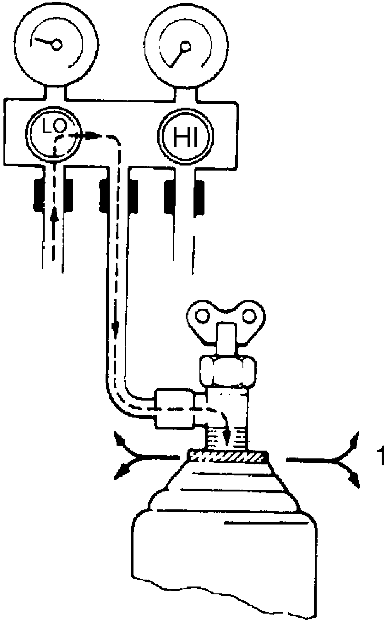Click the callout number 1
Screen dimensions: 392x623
pos(381,457)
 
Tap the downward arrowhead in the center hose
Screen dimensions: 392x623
pos(116,328)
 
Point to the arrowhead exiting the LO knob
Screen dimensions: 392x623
pos(93,136)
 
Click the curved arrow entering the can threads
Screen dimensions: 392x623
pos(225,428)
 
